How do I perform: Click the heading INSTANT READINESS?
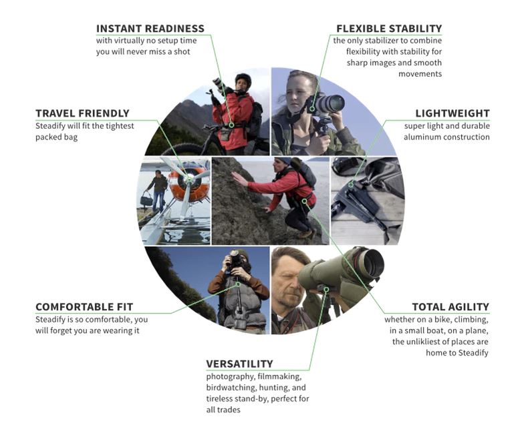pos(150,29)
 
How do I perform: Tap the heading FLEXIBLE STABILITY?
pos(389,29)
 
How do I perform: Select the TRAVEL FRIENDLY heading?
pos(82,113)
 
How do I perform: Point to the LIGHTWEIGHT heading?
pos(452,113)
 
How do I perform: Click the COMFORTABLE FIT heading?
pos(84,307)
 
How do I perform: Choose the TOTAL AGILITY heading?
pos(450,307)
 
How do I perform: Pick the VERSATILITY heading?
pos(239,364)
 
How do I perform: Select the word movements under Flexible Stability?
pos(420,73)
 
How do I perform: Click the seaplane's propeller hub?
pos(189,179)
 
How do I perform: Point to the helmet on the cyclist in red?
pos(243,79)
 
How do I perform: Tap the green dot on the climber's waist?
pos(304,201)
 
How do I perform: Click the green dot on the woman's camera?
pos(312,109)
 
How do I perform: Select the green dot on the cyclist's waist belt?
pos(231,125)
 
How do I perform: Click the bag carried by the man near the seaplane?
pos(146,200)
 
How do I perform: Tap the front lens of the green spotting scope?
pos(372,264)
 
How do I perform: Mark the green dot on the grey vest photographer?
pos(238,284)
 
